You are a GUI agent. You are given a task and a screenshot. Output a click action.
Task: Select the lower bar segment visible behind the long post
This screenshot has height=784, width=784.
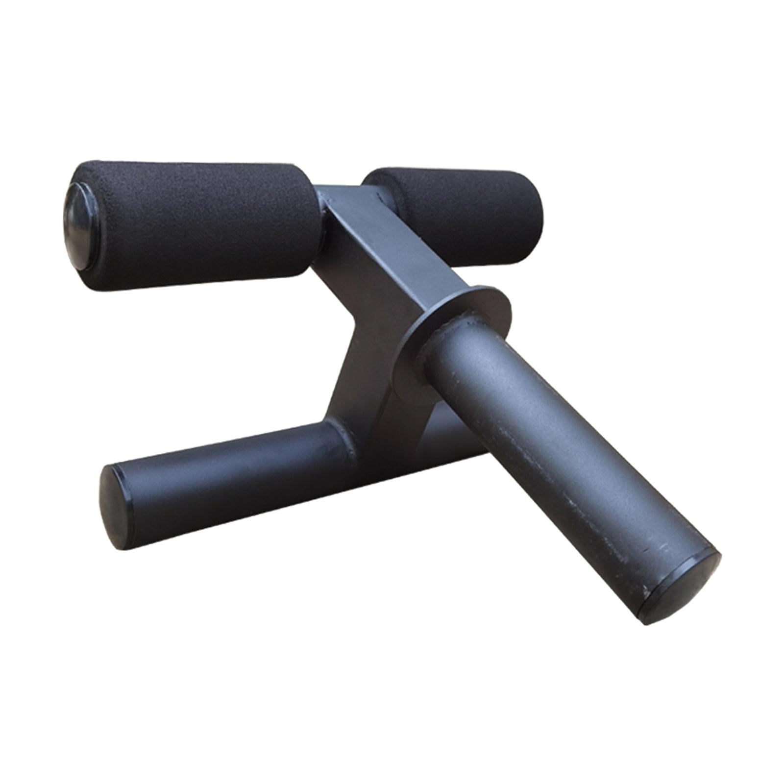[456, 436]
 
